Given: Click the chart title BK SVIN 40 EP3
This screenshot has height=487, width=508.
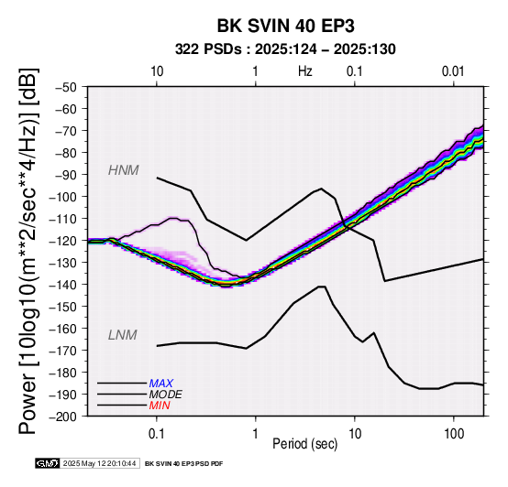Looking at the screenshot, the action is tap(285, 26).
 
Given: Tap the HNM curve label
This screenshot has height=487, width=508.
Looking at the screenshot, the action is tap(124, 170).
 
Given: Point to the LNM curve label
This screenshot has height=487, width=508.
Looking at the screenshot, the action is tap(123, 335).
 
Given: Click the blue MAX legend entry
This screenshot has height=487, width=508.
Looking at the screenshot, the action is tap(161, 384).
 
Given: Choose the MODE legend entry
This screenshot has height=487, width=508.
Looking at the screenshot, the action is tap(166, 395).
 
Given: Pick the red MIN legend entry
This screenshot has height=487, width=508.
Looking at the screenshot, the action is tap(160, 406).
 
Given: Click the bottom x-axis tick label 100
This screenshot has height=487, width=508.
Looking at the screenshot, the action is tap(454, 434).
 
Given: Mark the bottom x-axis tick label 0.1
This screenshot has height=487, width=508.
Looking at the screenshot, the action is tap(156, 434).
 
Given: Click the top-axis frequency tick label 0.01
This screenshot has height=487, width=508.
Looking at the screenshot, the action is tap(453, 71).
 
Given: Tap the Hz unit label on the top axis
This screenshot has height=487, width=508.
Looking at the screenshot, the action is tap(305, 71).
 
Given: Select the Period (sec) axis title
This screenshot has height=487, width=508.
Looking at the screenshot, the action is tap(304, 444).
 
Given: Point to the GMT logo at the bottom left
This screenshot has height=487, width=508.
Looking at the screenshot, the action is tap(48, 463).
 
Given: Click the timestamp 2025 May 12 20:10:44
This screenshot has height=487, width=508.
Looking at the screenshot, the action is tap(99, 463).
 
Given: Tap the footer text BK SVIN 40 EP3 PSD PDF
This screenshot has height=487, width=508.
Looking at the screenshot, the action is tap(184, 464).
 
